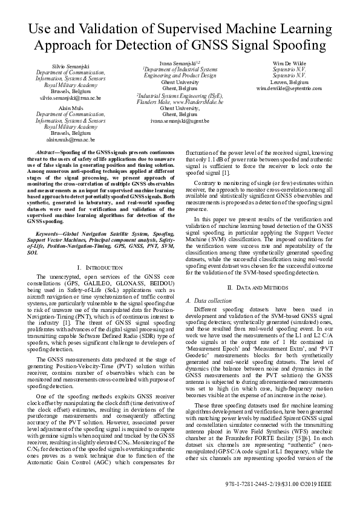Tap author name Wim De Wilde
pyautogui.click(x=289, y=63)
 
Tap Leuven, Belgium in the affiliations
pyautogui.click(x=289, y=82)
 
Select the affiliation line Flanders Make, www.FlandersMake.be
pyautogui.click(x=180, y=102)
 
